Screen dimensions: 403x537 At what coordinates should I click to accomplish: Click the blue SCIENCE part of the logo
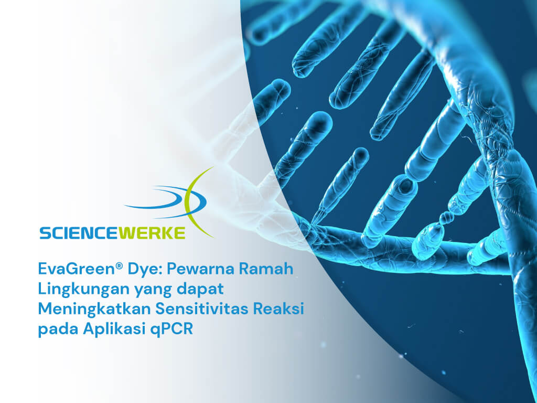tap(79, 232)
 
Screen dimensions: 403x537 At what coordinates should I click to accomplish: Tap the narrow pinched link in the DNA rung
tap(445, 216)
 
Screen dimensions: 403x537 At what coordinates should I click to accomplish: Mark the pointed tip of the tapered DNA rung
tap(315, 219)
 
